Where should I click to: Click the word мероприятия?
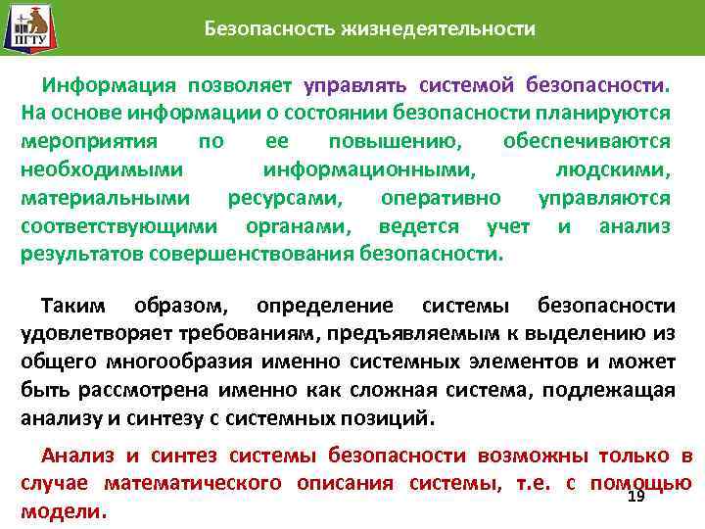(81, 141)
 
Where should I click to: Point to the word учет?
(507, 226)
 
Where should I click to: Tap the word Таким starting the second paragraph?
(77, 306)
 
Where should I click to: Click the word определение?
(323, 306)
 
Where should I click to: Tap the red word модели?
(62, 512)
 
